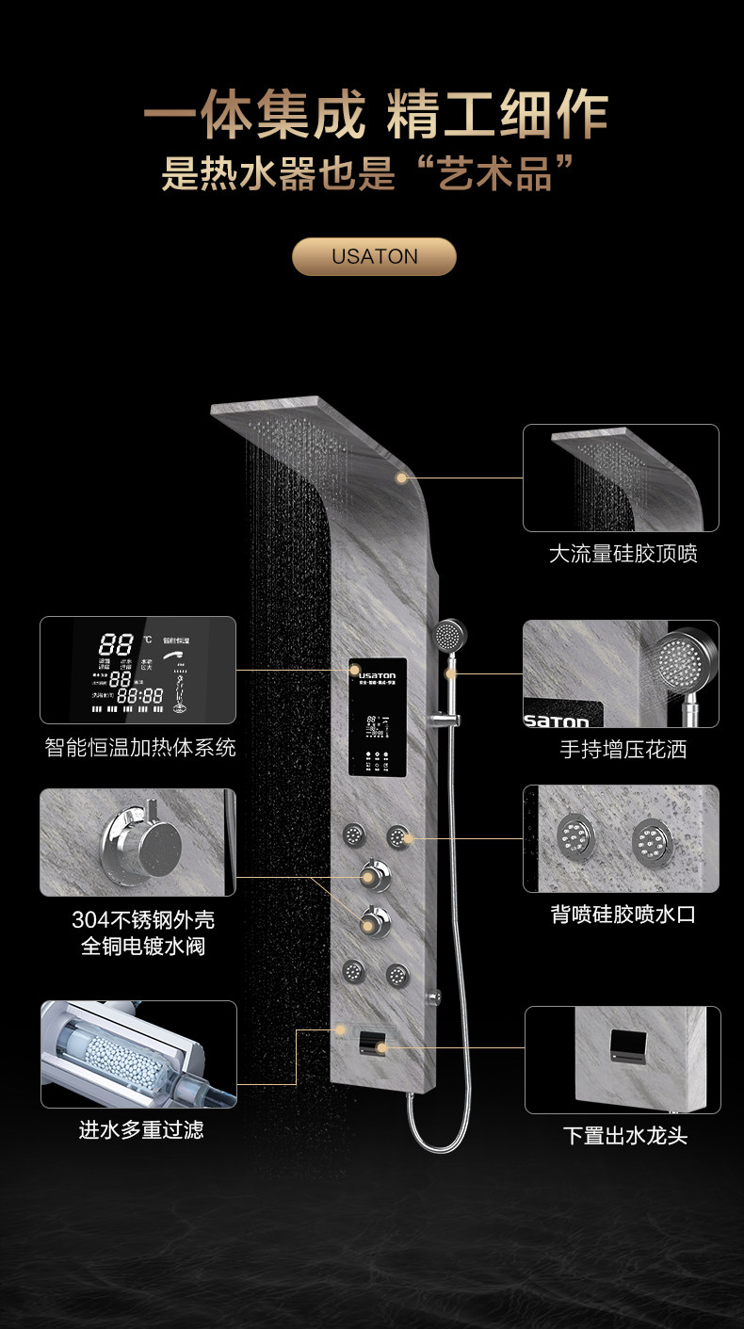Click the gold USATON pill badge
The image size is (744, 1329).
click(374, 256)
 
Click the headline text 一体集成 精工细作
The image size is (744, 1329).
click(375, 117)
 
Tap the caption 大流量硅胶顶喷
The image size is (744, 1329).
click(623, 554)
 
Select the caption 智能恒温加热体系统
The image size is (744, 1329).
click(140, 748)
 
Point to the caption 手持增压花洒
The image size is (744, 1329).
click(623, 750)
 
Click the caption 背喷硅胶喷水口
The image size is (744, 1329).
click(623, 914)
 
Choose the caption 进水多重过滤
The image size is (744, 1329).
click(140, 1128)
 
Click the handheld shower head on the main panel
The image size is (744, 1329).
click(451, 635)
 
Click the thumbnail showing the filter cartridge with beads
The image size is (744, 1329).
click(138, 1054)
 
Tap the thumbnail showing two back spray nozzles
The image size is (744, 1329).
click(621, 838)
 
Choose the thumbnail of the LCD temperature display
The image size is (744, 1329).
click(137, 670)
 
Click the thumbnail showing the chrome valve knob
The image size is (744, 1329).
click(137, 842)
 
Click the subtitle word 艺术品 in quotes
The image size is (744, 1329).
click(494, 175)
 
